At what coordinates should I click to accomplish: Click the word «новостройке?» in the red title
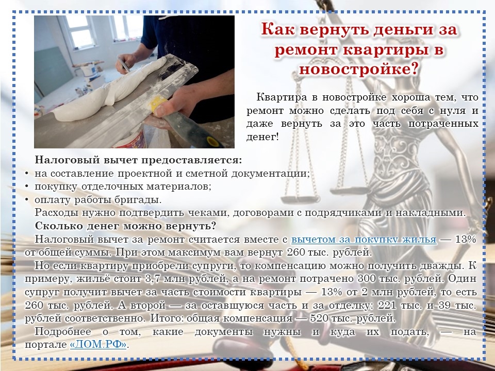tap(359, 69)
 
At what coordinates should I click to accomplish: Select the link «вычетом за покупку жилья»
tap(364, 240)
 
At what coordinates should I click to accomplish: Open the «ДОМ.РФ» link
tap(98, 344)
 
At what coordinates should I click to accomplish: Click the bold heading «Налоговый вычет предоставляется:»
tap(138, 160)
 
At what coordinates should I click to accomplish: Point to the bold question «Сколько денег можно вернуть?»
tap(125, 226)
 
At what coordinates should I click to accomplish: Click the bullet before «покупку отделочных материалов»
tap(27, 187)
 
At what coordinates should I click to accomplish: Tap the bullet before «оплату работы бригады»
tap(27, 200)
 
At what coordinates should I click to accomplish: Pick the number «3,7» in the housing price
tap(153, 279)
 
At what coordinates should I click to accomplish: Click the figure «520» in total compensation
tap(319, 318)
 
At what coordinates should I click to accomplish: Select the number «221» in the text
tap(387, 305)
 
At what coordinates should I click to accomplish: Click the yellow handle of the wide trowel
tap(159, 105)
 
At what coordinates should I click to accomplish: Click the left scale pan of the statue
tap(300, 199)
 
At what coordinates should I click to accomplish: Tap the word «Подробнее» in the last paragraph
tap(63, 332)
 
